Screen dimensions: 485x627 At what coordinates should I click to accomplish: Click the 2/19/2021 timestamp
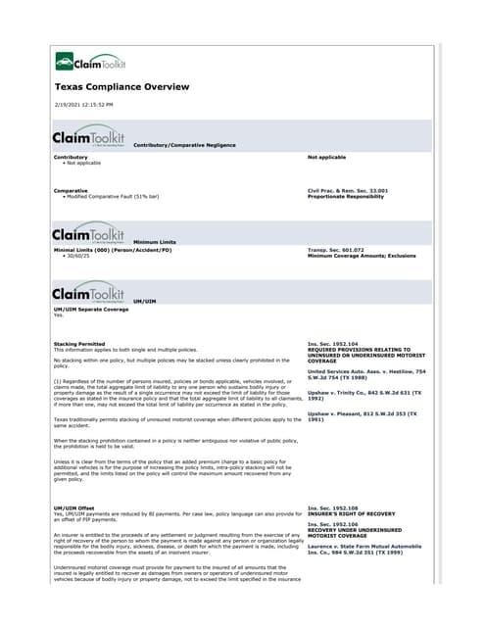(85, 104)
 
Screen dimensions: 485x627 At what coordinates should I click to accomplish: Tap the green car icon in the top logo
(64, 64)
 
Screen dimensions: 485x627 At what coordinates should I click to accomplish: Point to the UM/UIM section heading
(144, 301)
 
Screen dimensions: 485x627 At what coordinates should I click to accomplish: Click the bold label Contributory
(71, 156)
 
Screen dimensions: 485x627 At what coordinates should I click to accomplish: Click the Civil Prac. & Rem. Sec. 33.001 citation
(348, 190)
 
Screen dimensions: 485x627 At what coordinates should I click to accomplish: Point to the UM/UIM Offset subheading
(75, 507)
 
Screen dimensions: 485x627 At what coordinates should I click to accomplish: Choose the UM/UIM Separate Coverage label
(91, 310)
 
